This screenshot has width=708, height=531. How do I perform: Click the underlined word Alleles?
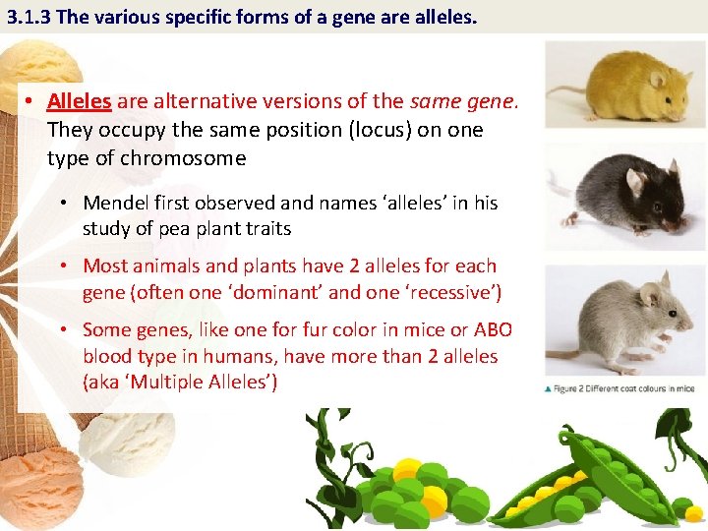pos(79,102)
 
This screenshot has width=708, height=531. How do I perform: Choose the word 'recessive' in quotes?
pos(448,292)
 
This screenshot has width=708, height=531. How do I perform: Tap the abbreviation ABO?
pos(490,330)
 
